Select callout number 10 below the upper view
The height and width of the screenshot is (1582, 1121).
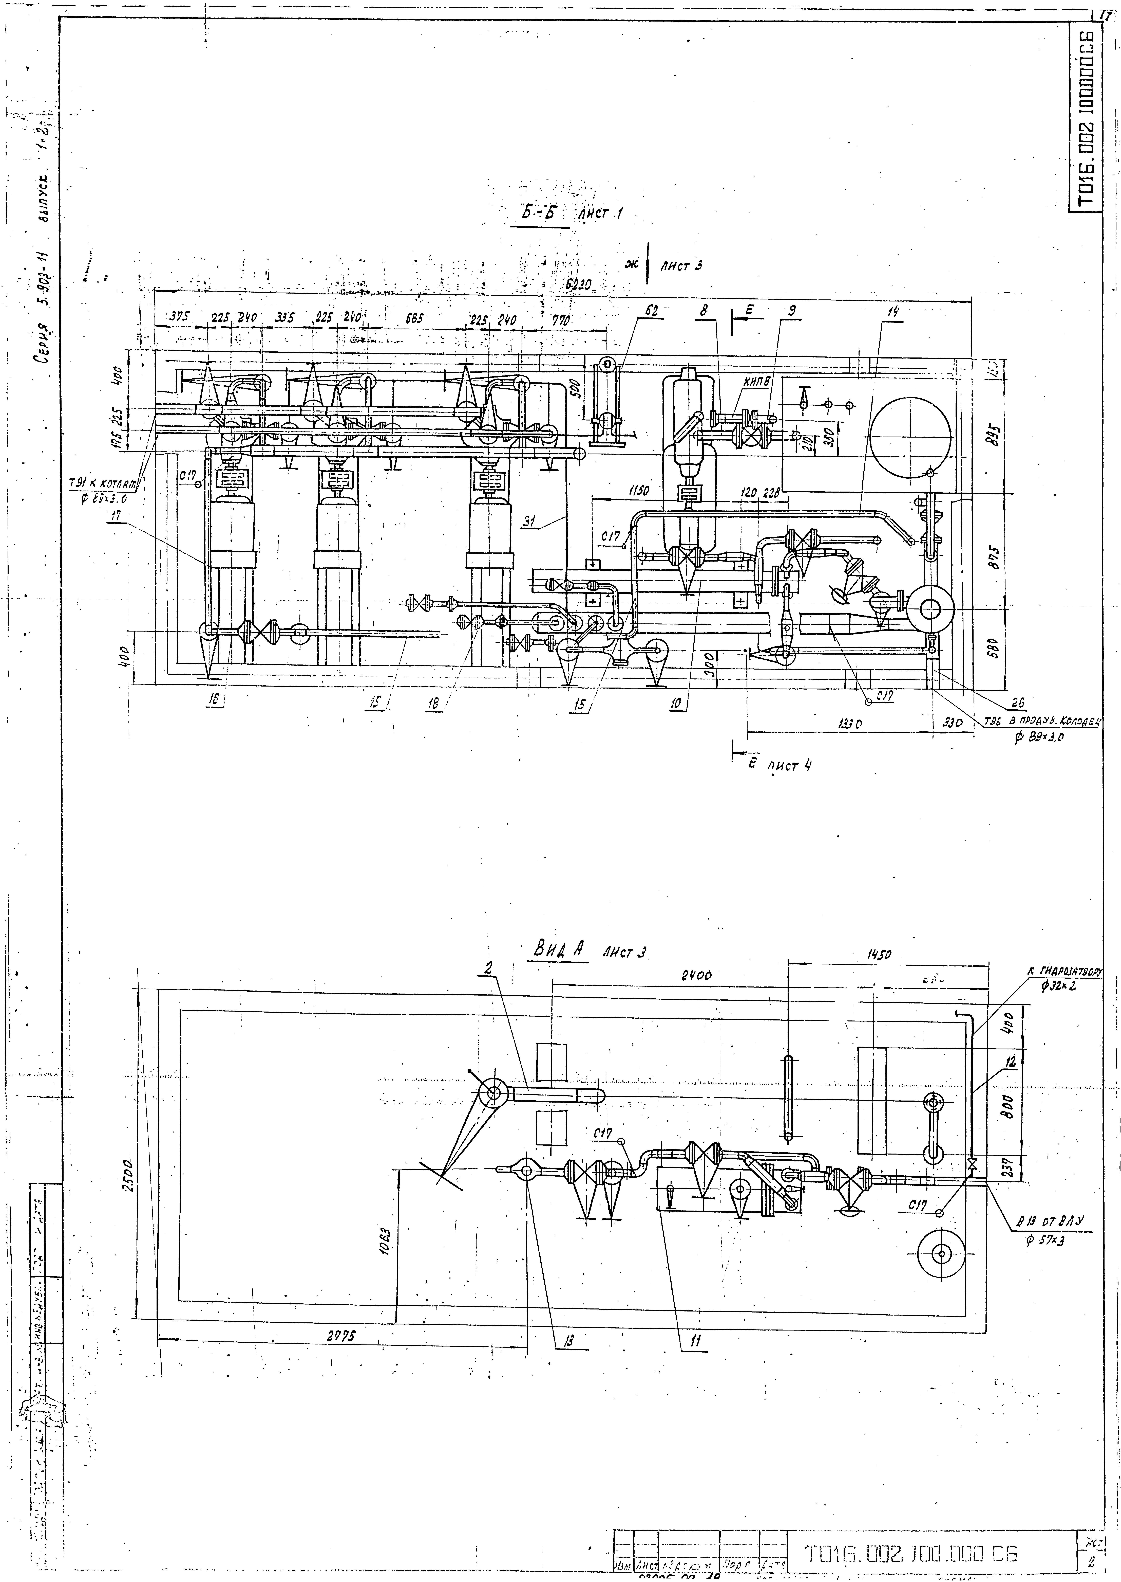pos(676,704)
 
